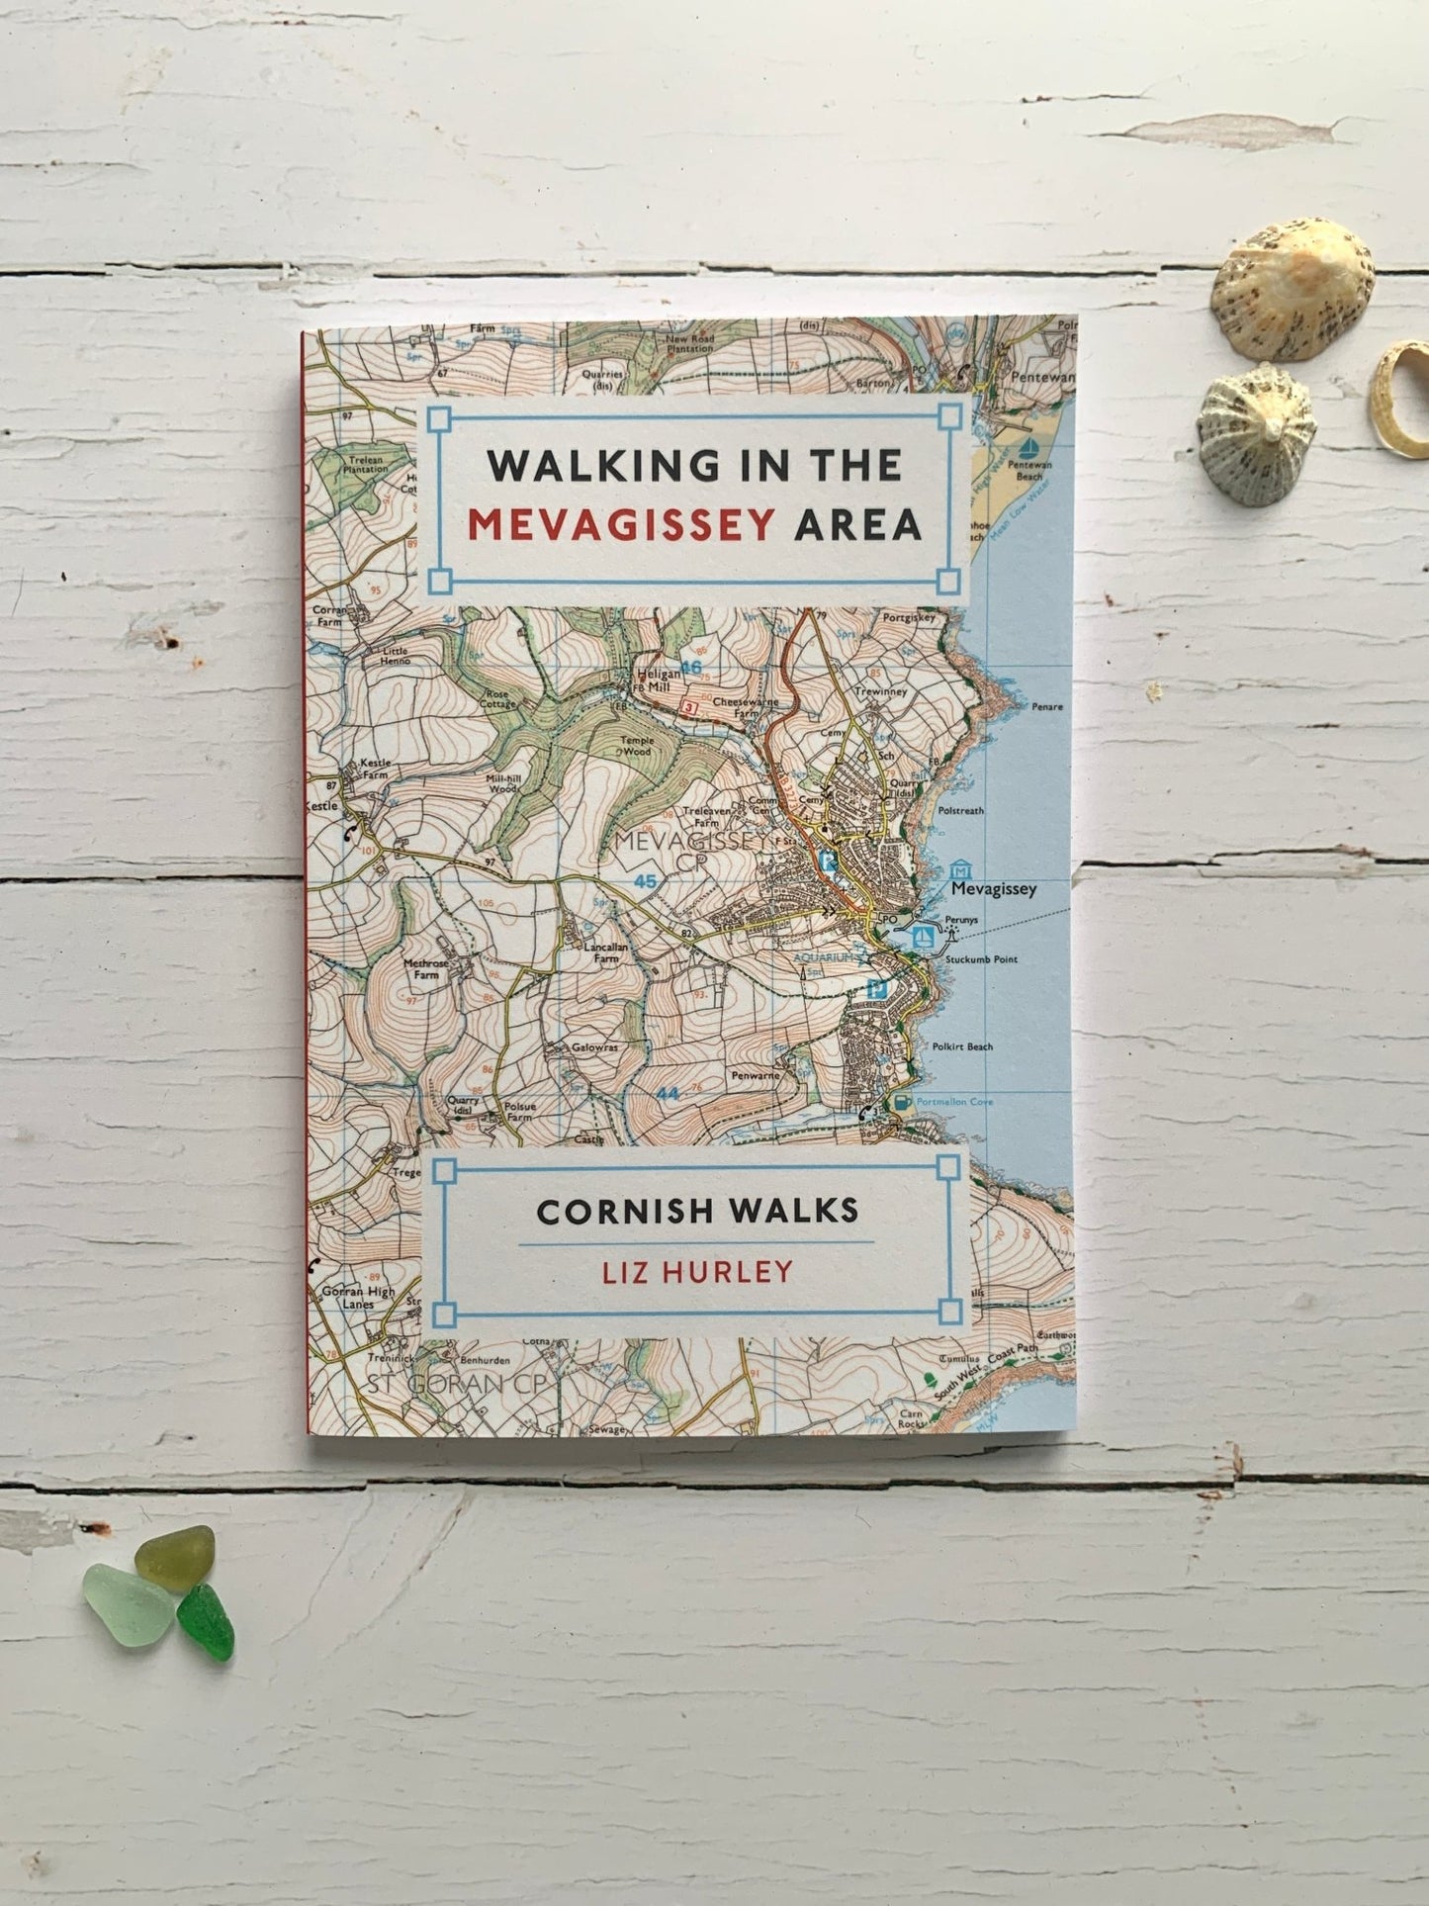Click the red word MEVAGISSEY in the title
[x=620, y=525]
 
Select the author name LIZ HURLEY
[x=697, y=1272]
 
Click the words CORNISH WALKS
[x=697, y=1211]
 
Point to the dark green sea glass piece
[x=206, y=1622]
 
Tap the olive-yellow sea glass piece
[x=175, y=1557]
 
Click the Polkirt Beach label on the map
[x=961, y=1046]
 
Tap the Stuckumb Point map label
[x=980, y=959]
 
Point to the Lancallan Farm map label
[x=606, y=953]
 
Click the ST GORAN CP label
[x=456, y=1384]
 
